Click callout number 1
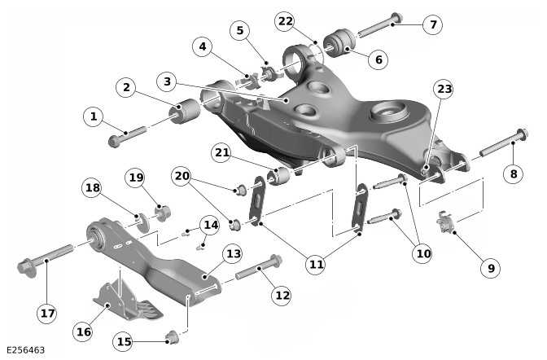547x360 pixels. (94, 117)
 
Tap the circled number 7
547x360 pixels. (433, 24)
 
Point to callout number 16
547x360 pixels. (84, 331)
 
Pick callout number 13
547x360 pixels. (234, 254)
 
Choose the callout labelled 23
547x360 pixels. (443, 89)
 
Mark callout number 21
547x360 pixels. (223, 151)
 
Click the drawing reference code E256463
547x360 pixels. (24, 350)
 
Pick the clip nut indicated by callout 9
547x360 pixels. (444, 222)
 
